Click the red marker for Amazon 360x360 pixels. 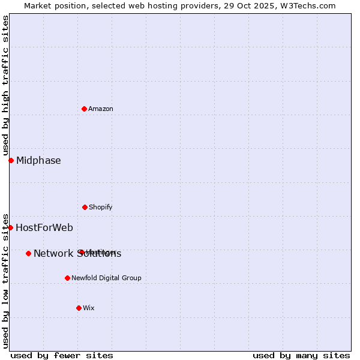[85, 109]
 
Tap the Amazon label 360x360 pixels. [101, 109]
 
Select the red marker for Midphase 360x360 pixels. [11, 160]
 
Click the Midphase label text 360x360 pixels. [38, 161]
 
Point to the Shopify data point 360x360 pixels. [85, 207]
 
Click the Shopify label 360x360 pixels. [101, 208]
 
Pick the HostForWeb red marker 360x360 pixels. [10, 227]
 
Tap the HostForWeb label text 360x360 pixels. [44, 228]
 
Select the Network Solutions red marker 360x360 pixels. [28, 253]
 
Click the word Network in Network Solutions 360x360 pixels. [53, 254]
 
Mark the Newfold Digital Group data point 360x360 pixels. [67, 278]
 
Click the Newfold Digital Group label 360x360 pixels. [106, 278]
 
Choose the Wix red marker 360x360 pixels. [79, 308]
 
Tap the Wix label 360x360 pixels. [89, 308]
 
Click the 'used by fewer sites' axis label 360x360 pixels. [62, 355]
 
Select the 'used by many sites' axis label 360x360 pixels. [301, 355]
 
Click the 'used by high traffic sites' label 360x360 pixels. [5, 85]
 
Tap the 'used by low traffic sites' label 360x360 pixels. [5, 280]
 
